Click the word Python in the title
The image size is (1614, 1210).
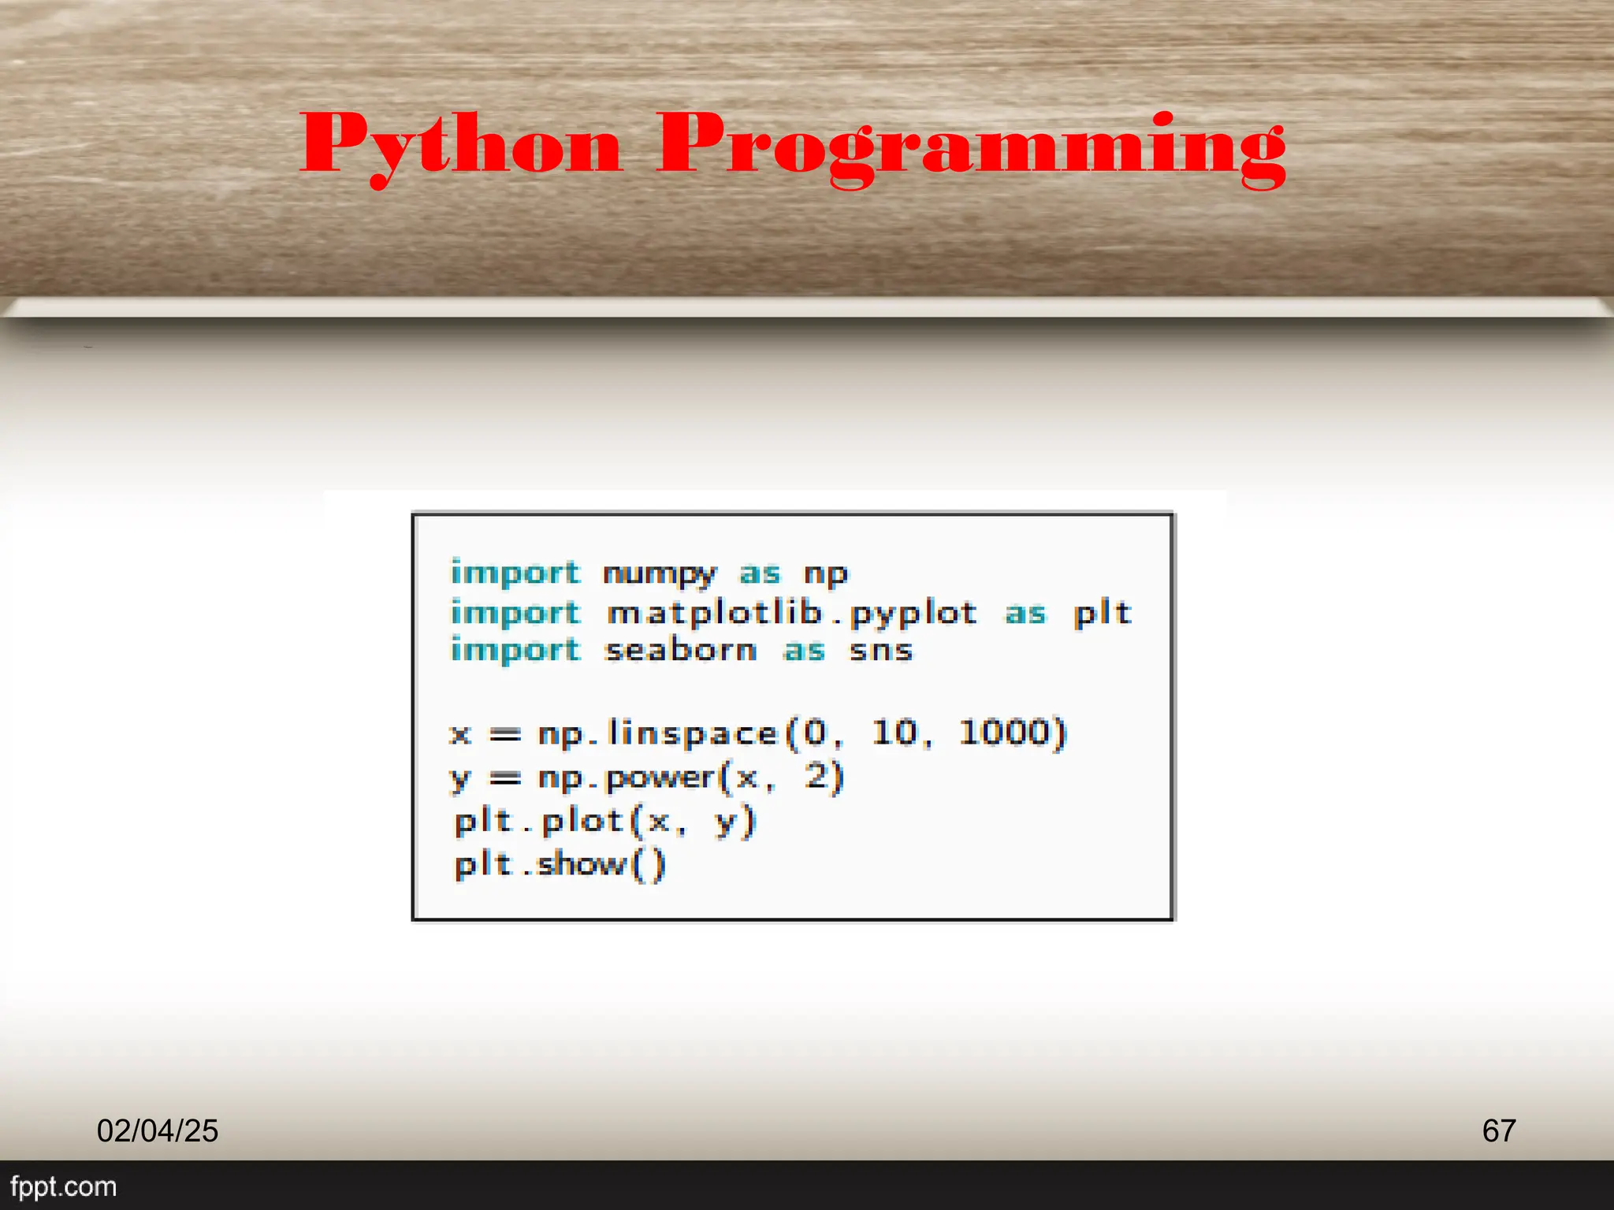tap(461, 146)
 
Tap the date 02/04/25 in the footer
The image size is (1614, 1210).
tap(158, 1130)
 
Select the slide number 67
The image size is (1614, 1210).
tap(1498, 1130)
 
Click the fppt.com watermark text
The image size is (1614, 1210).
tap(63, 1186)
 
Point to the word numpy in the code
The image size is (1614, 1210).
tap(660, 573)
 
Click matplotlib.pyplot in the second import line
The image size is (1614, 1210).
tap(792, 613)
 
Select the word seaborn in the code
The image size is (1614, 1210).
tap(681, 651)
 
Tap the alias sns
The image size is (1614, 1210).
tap(881, 651)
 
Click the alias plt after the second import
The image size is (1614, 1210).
tap(1103, 613)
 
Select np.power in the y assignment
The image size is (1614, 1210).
tap(627, 778)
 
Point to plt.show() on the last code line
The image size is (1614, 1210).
tap(560, 865)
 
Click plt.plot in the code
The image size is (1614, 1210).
tap(540, 822)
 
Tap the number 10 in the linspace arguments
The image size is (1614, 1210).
tap(895, 733)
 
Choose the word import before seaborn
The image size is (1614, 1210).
tap(515, 651)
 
